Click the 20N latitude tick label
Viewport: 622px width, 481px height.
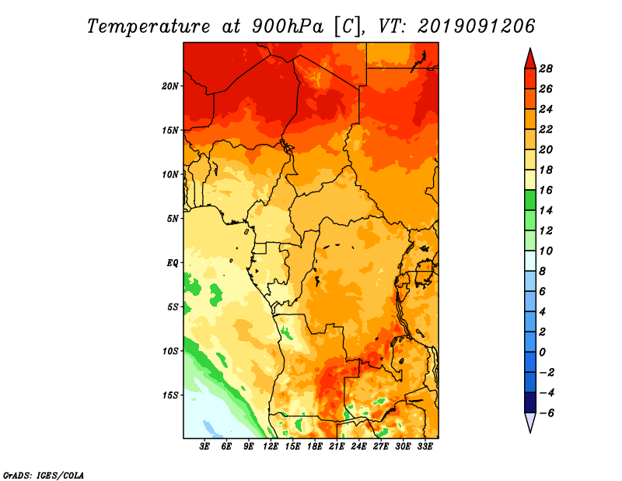[x=170, y=86]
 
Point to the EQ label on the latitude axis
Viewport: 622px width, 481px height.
[x=173, y=263]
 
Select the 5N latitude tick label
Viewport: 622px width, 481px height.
[x=173, y=219]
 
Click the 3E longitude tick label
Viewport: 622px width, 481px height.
[x=204, y=447]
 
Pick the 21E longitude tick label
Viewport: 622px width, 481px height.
[x=337, y=447]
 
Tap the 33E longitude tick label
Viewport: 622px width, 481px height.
[x=425, y=447]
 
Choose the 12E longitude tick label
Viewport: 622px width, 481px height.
[x=270, y=447]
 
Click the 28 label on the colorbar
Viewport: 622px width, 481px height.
[x=546, y=68]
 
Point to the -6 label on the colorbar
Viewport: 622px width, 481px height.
[x=546, y=413]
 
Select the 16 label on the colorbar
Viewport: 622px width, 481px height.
[x=546, y=190]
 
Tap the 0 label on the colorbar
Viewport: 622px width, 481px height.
[x=542, y=353]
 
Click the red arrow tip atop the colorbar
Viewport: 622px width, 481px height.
[x=530, y=49]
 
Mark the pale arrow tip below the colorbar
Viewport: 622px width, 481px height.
[x=530, y=432]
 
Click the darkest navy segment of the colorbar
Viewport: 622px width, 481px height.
[x=530, y=402]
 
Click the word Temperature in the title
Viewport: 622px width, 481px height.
[x=149, y=26]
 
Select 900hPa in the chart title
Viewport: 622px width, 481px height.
[x=288, y=26]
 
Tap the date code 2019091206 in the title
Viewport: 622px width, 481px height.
[x=476, y=26]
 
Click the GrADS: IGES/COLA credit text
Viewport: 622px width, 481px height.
[x=44, y=476]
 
